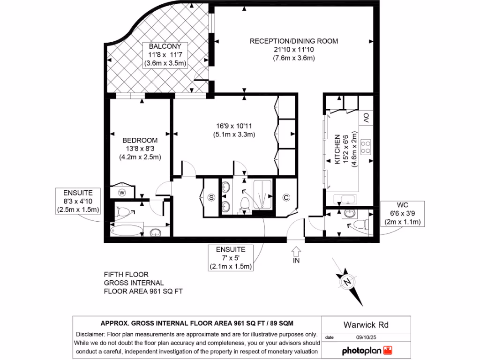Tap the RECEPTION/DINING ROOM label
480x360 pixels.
tap(293, 41)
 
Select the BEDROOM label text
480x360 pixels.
tap(140, 140)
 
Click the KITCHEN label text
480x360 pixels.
tap(337, 149)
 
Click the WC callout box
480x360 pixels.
tap(403, 214)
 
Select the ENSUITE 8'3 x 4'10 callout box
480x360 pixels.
tap(78, 201)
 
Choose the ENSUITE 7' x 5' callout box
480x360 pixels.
tap(231, 258)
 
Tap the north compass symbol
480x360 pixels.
tap(347, 282)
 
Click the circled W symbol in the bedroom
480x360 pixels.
tap(122, 192)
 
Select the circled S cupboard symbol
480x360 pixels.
tap(211, 197)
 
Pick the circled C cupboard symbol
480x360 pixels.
tap(286, 197)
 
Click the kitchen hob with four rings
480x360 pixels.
tap(366, 147)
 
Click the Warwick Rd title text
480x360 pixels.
tap(366, 324)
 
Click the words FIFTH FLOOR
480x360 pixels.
tap(126, 274)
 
